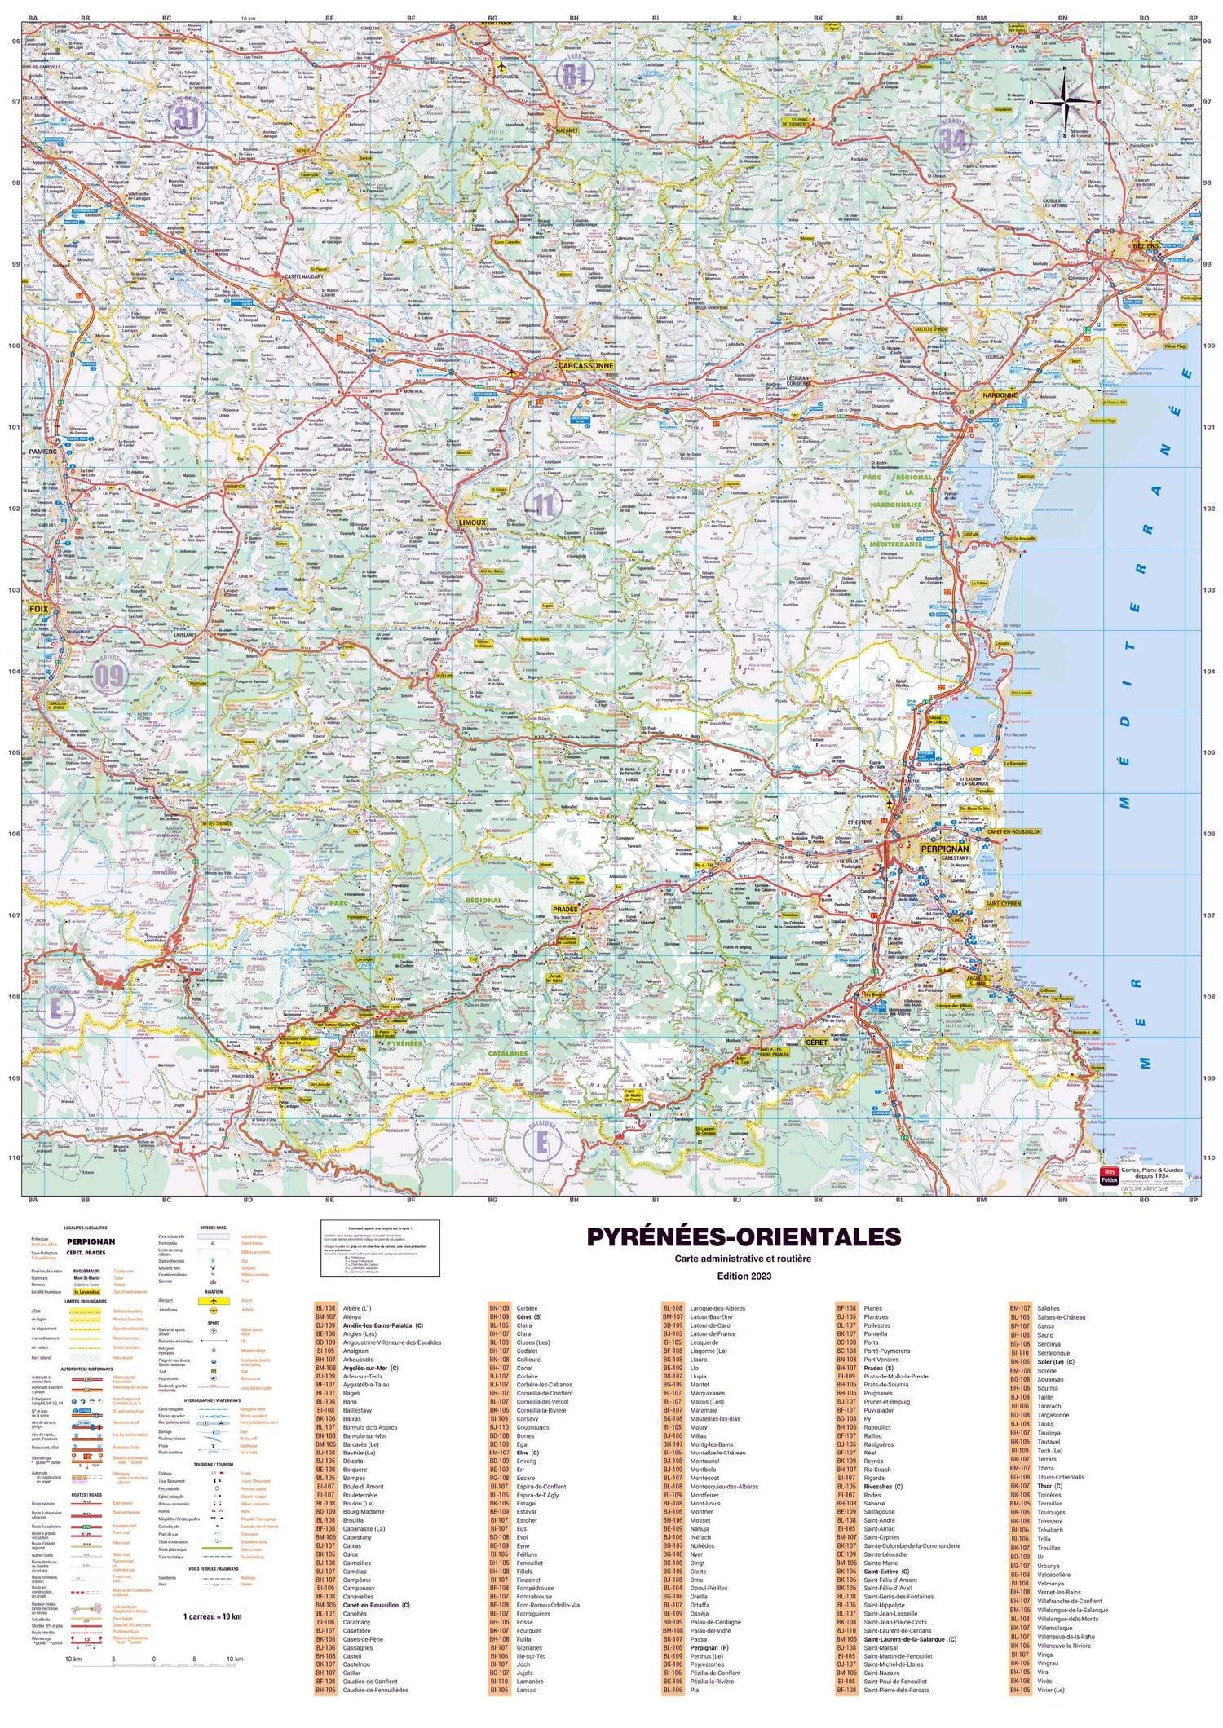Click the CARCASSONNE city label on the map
click(585, 366)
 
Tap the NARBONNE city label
click(1000, 395)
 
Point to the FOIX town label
click(38, 609)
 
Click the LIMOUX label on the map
click(472, 522)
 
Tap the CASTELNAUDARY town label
click(303, 277)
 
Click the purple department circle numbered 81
click(574, 77)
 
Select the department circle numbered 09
click(108, 676)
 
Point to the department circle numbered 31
click(187, 117)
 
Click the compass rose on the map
click(1066, 102)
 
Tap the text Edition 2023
click(743, 1276)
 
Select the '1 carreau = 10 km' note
click(212, 1616)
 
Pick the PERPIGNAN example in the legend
click(91, 1241)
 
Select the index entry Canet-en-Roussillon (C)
click(377, 1605)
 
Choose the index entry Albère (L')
click(356, 1308)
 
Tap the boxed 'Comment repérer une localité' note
click(380, 1248)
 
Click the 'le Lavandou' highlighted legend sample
click(87, 1292)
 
